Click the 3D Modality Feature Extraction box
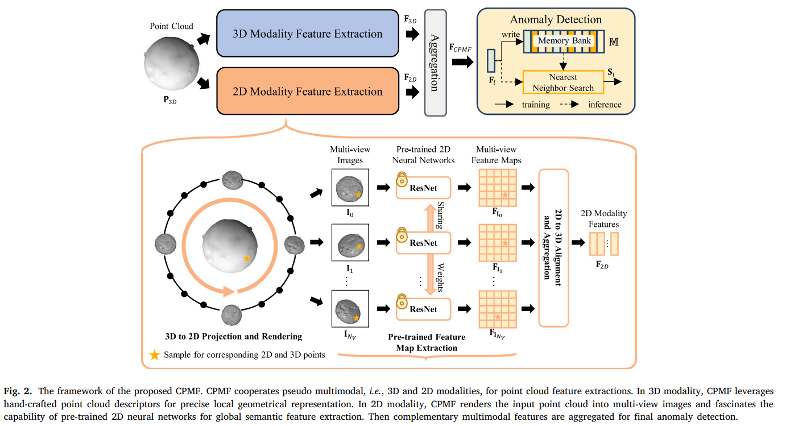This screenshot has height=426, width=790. pyautogui.click(x=307, y=34)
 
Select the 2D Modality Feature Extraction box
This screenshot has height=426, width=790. pyautogui.click(x=307, y=92)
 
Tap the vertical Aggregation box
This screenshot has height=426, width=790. pyautogui.click(x=435, y=63)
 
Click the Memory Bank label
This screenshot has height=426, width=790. pyautogui.click(x=564, y=41)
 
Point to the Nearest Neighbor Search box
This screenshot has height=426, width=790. pyautogui.click(x=563, y=82)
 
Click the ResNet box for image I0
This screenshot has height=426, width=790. pyautogui.click(x=424, y=187)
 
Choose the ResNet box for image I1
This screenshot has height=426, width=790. pyautogui.click(x=424, y=243)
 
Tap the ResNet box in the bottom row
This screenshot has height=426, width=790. pyautogui.click(x=424, y=309)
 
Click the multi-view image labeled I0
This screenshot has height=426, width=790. pyautogui.click(x=350, y=187)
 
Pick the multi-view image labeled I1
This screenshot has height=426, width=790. pyautogui.click(x=350, y=243)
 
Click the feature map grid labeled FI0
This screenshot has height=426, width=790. pyautogui.click(x=497, y=187)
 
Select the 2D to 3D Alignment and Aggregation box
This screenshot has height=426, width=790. pyautogui.click(x=553, y=248)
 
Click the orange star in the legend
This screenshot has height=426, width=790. pyautogui.click(x=154, y=355)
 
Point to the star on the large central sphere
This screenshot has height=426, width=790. pyautogui.click(x=246, y=258)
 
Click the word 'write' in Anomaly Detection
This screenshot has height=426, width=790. pyautogui.click(x=510, y=35)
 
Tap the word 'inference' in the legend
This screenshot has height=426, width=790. pyautogui.click(x=605, y=105)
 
